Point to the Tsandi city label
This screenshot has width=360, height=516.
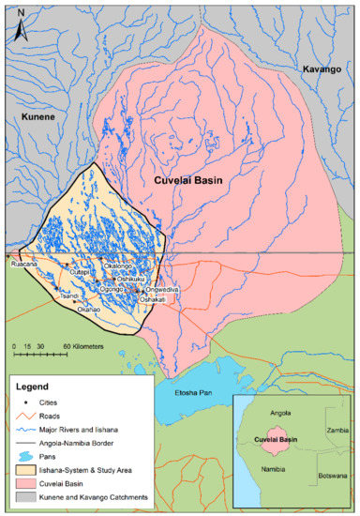[x=68, y=295]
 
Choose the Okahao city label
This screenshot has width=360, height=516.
[x=89, y=308]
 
